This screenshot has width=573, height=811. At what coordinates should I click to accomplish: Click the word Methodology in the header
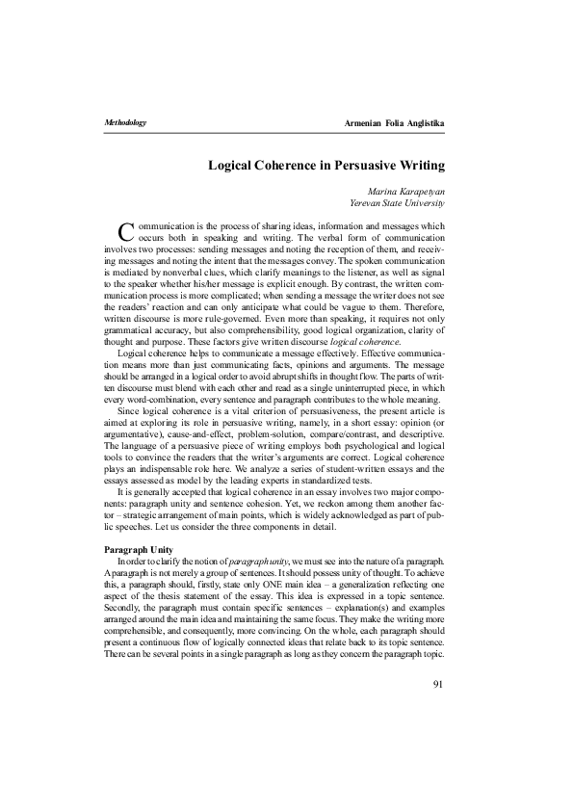124,124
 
